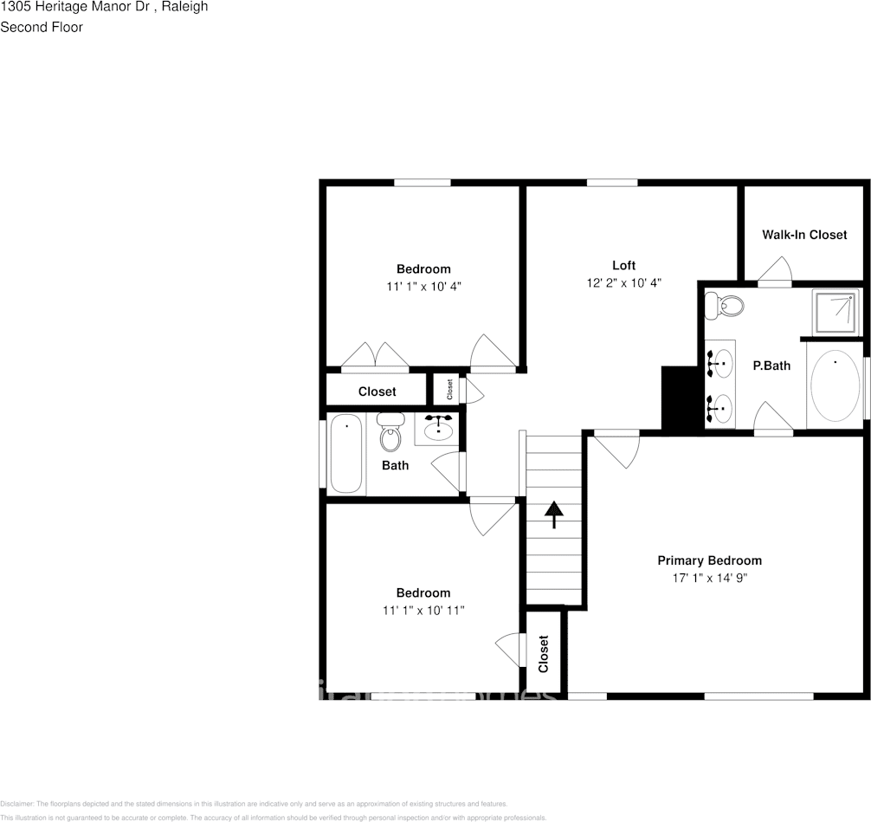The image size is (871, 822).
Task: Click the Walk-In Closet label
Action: point(803,235)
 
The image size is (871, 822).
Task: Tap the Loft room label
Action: point(623,265)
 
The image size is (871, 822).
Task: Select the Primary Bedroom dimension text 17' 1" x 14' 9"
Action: point(709,578)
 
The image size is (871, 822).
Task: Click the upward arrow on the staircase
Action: point(553,515)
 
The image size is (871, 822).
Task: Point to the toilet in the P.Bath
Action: point(725,306)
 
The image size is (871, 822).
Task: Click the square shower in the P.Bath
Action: point(836,312)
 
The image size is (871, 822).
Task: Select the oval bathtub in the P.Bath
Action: point(835,385)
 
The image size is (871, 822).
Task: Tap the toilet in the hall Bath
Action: point(390,434)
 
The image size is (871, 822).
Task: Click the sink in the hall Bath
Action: point(439,427)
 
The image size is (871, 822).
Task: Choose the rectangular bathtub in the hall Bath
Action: point(346,456)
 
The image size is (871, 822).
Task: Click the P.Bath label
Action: point(771,366)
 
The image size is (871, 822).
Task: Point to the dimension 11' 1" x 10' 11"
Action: point(423,611)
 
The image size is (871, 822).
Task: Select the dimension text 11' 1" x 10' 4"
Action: point(423,286)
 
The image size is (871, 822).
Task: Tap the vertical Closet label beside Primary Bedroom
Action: point(544,654)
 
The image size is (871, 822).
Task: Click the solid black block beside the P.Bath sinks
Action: point(680,398)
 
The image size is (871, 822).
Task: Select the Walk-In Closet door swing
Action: point(776,270)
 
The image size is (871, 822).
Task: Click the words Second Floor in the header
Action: point(42,27)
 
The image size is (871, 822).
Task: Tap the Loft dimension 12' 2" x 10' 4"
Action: point(623,283)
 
